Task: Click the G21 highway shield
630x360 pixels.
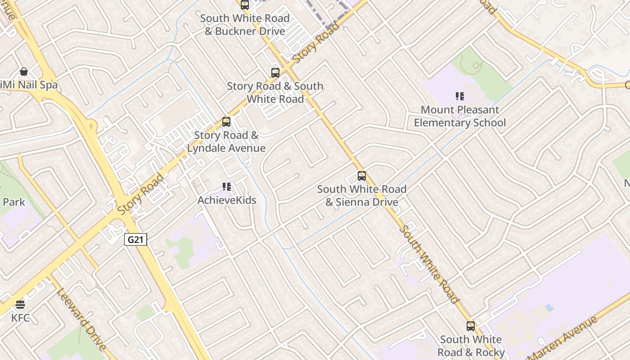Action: click(135, 239)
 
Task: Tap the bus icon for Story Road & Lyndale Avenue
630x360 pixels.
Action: click(226, 122)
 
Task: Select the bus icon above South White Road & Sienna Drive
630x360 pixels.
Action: click(362, 176)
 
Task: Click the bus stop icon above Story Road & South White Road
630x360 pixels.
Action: click(275, 73)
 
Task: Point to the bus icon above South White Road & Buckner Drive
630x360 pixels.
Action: click(245, 5)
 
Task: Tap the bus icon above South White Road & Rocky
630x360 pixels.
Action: click(471, 326)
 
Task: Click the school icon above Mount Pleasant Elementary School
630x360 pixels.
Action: click(459, 96)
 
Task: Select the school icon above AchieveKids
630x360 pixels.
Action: click(227, 187)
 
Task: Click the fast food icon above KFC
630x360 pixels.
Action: click(20, 305)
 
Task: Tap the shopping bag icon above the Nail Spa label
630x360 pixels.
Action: click(23, 72)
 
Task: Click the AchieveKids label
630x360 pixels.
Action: click(227, 200)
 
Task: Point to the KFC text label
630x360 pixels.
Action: click(20, 318)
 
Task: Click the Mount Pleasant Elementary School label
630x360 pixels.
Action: click(459, 116)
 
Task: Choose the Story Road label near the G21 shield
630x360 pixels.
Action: click(141, 194)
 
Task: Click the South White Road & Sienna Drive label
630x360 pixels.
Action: click(362, 196)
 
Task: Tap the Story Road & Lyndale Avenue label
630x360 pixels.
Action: click(226, 142)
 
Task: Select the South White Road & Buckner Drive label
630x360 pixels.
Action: click(245, 25)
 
